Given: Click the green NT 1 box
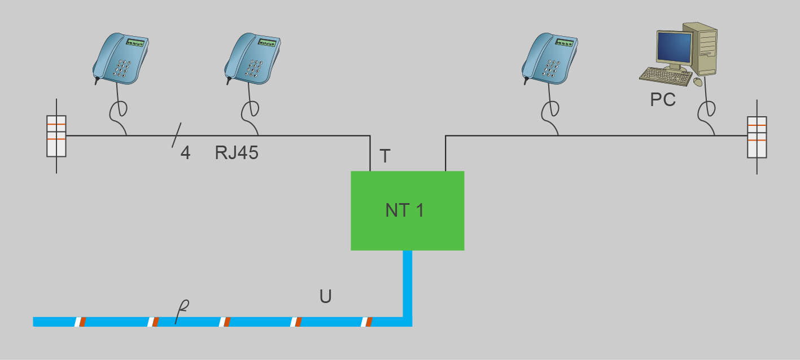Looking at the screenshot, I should coord(407,210).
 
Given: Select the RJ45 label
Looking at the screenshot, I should coord(237,153).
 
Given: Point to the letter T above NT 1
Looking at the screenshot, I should coord(385,156).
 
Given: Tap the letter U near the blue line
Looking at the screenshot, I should coord(325,297).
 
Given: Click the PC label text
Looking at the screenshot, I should coord(663,100).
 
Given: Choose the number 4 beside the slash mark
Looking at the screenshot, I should coord(185,153).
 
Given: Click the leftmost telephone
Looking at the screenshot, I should coord(120,59).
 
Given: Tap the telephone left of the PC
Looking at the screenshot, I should coord(549,59).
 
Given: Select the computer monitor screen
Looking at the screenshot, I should coord(674,47).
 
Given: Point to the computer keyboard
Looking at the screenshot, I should coord(666,76).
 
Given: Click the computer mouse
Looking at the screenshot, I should coord(698,82).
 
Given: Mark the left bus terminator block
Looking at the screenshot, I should coord(56,136).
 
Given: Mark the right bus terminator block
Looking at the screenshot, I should coord(757,136).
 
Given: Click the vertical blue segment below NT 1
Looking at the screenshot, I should coord(408,282).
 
